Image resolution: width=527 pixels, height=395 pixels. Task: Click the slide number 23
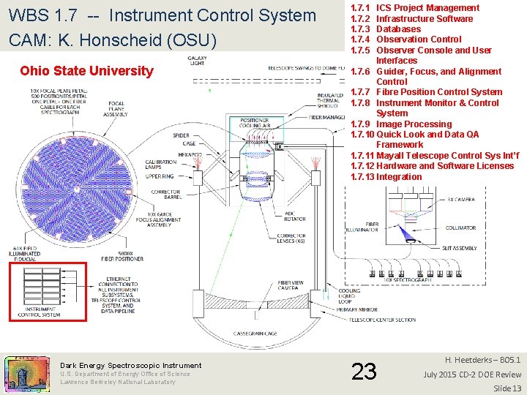(365, 372)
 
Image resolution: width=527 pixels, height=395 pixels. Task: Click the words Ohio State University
(87, 71)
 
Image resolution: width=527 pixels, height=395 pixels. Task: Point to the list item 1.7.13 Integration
(386, 177)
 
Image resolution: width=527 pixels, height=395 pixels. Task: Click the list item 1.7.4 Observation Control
(406, 39)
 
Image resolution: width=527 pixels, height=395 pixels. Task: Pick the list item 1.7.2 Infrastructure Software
(411, 19)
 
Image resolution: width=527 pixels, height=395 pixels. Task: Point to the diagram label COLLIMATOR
(460, 227)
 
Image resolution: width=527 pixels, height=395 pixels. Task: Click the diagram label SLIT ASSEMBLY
(460, 248)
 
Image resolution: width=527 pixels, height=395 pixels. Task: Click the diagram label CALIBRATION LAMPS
(160, 165)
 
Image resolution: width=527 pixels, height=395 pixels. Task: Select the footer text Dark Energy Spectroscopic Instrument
(130, 365)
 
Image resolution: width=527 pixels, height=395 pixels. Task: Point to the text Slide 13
(507, 388)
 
